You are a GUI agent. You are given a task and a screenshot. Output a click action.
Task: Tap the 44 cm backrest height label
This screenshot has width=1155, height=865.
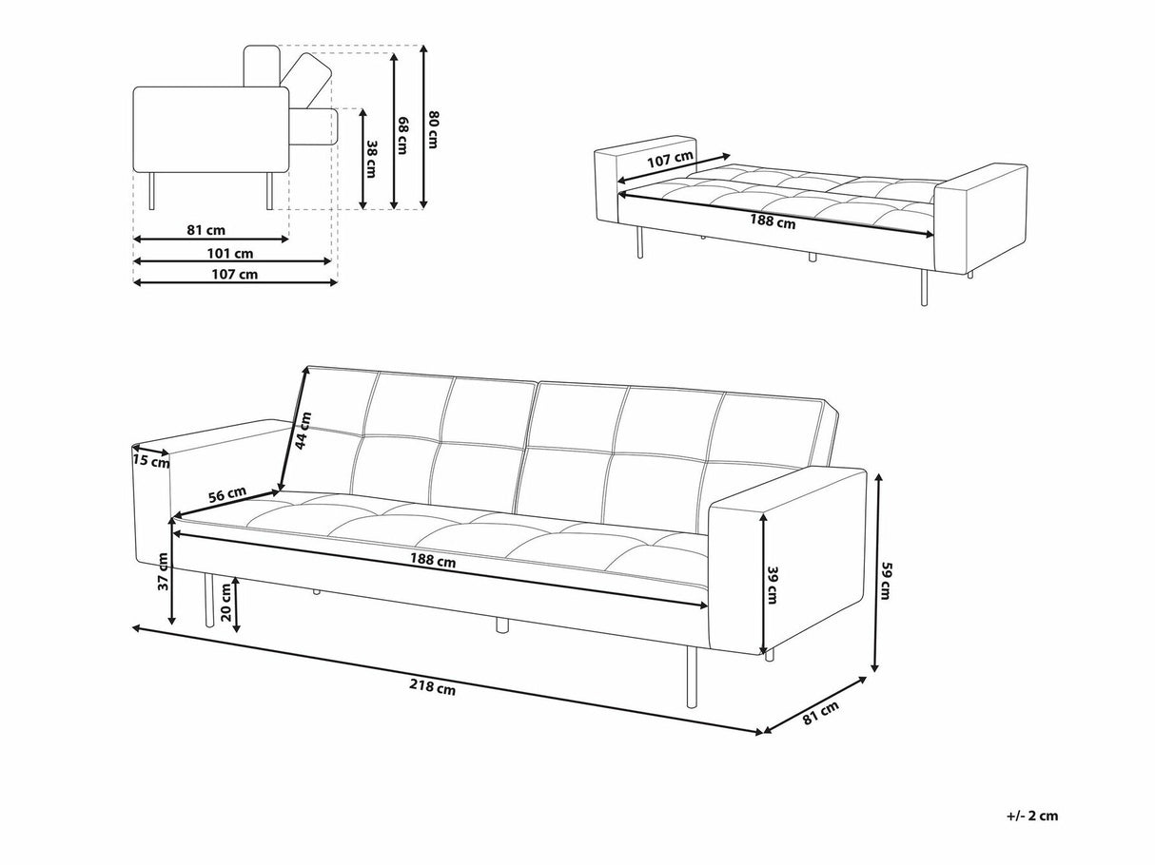(302, 431)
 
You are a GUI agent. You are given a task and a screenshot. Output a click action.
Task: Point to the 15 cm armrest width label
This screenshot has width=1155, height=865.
(151, 462)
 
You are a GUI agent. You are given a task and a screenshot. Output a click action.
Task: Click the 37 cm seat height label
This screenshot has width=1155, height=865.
(163, 582)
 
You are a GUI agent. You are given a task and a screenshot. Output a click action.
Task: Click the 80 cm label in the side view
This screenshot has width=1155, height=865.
(432, 129)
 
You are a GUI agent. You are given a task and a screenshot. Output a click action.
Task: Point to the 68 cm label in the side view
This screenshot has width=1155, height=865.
(401, 133)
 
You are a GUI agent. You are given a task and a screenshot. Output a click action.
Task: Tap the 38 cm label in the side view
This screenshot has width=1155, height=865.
(372, 156)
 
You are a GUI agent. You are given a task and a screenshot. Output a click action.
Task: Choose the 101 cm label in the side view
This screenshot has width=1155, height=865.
(231, 253)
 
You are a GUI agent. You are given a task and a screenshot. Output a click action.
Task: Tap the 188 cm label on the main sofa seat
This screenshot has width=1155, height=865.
(434, 561)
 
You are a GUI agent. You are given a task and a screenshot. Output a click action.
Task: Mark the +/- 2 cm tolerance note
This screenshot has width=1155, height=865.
(1030, 815)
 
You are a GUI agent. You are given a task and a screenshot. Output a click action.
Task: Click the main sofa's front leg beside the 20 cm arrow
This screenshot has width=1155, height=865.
(206, 603)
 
